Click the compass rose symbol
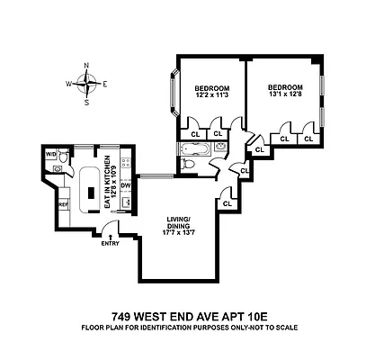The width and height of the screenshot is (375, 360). point(86,84)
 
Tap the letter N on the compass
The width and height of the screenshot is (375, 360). point(86,66)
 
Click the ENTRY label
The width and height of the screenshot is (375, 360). point(110,243)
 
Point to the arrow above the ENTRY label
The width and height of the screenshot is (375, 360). point(110,235)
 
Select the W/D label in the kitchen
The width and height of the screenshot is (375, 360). point(51,155)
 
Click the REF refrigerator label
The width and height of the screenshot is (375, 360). point(63,205)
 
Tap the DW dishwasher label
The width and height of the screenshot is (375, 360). point(126,186)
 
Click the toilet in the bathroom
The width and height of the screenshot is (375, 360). point(186,165)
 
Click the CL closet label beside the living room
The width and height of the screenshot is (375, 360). point(227,204)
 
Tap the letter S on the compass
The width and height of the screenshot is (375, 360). point(86,103)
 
